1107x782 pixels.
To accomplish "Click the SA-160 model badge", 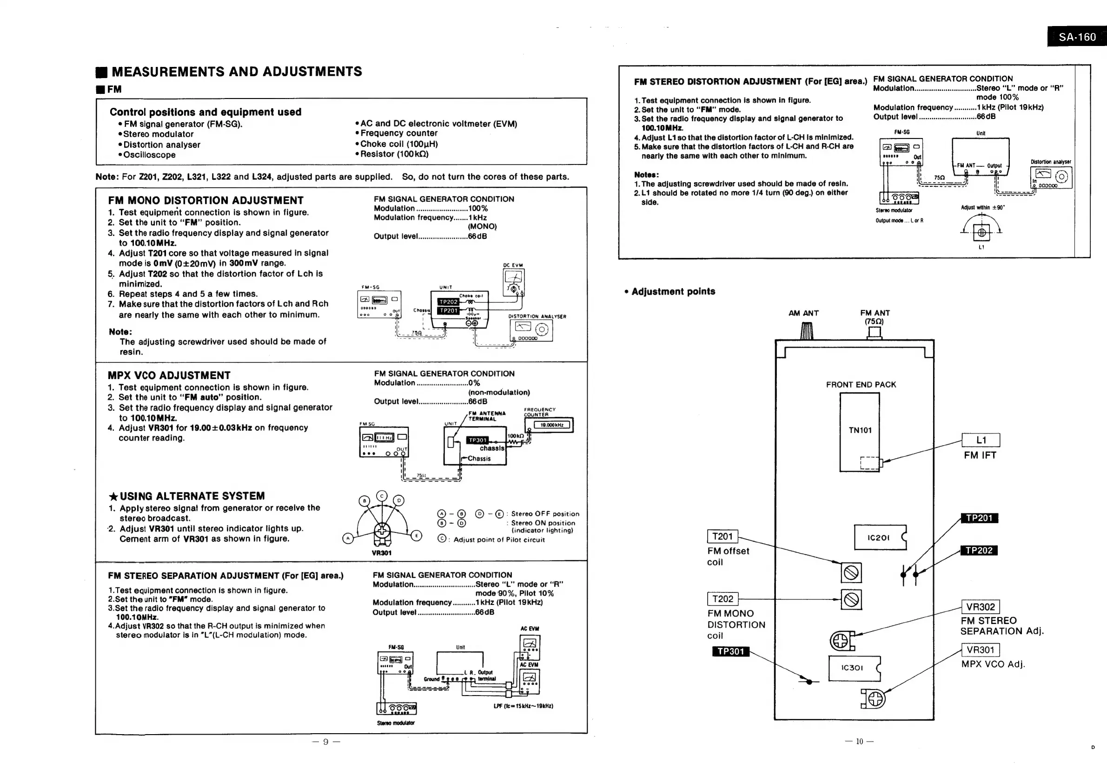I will (x=1077, y=37).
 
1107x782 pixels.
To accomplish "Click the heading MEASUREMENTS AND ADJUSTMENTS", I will (x=236, y=72).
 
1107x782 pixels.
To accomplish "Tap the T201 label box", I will (x=722, y=536).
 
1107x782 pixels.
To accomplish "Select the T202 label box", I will (x=722, y=599).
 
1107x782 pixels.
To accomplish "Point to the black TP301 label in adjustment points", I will (x=730, y=651).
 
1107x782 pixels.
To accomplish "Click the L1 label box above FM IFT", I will (x=981, y=440).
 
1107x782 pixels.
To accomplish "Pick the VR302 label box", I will (x=980, y=607).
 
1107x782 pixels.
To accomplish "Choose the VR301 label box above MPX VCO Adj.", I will (x=980, y=650).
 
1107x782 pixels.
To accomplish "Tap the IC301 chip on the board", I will (x=854, y=668).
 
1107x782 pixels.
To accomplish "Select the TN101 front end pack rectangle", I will (x=859, y=432).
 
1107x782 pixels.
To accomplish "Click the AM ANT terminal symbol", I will (x=807, y=331).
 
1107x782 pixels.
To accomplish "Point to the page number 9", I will (x=326, y=742).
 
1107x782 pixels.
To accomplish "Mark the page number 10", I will (x=859, y=742).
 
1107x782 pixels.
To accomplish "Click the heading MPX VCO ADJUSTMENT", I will (x=169, y=375).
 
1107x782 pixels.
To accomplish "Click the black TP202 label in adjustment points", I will (x=979, y=550).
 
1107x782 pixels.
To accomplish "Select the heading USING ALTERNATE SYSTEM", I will (x=192, y=496).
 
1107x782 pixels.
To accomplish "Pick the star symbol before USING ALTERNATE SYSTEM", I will (x=113, y=497).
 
